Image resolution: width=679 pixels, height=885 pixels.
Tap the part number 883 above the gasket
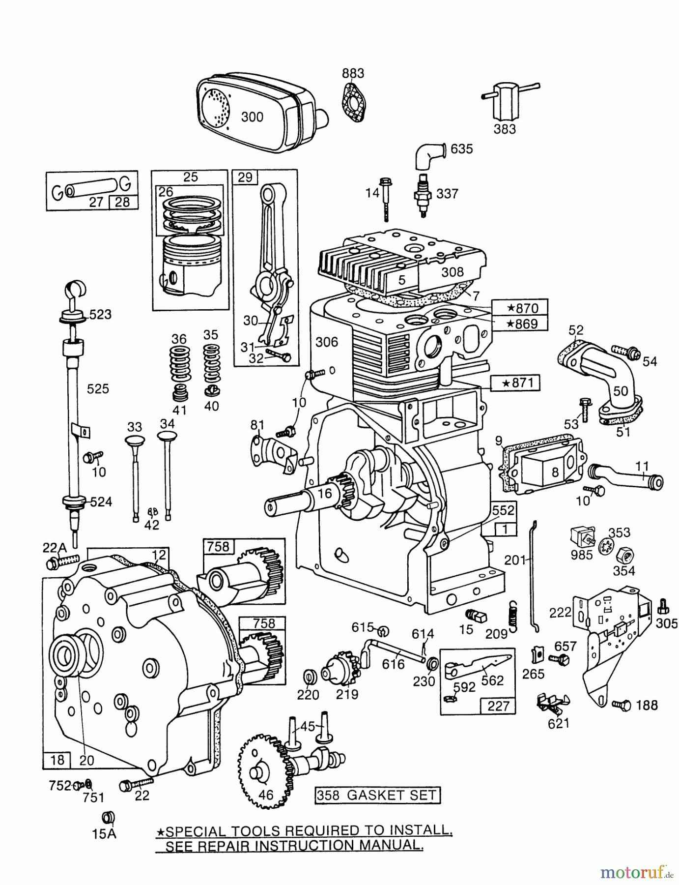[x=353, y=73]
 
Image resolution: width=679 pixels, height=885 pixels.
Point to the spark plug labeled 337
[x=422, y=196]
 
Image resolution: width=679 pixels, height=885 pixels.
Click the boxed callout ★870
[x=522, y=308]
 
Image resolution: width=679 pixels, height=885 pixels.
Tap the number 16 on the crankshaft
[x=325, y=494]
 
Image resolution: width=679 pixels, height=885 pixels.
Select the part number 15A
[x=105, y=834]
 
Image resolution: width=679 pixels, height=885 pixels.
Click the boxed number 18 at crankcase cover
[x=57, y=760]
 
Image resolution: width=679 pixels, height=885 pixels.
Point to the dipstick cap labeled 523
[x=74, y=316]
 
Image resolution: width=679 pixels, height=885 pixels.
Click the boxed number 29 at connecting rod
[x=245, y=177]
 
